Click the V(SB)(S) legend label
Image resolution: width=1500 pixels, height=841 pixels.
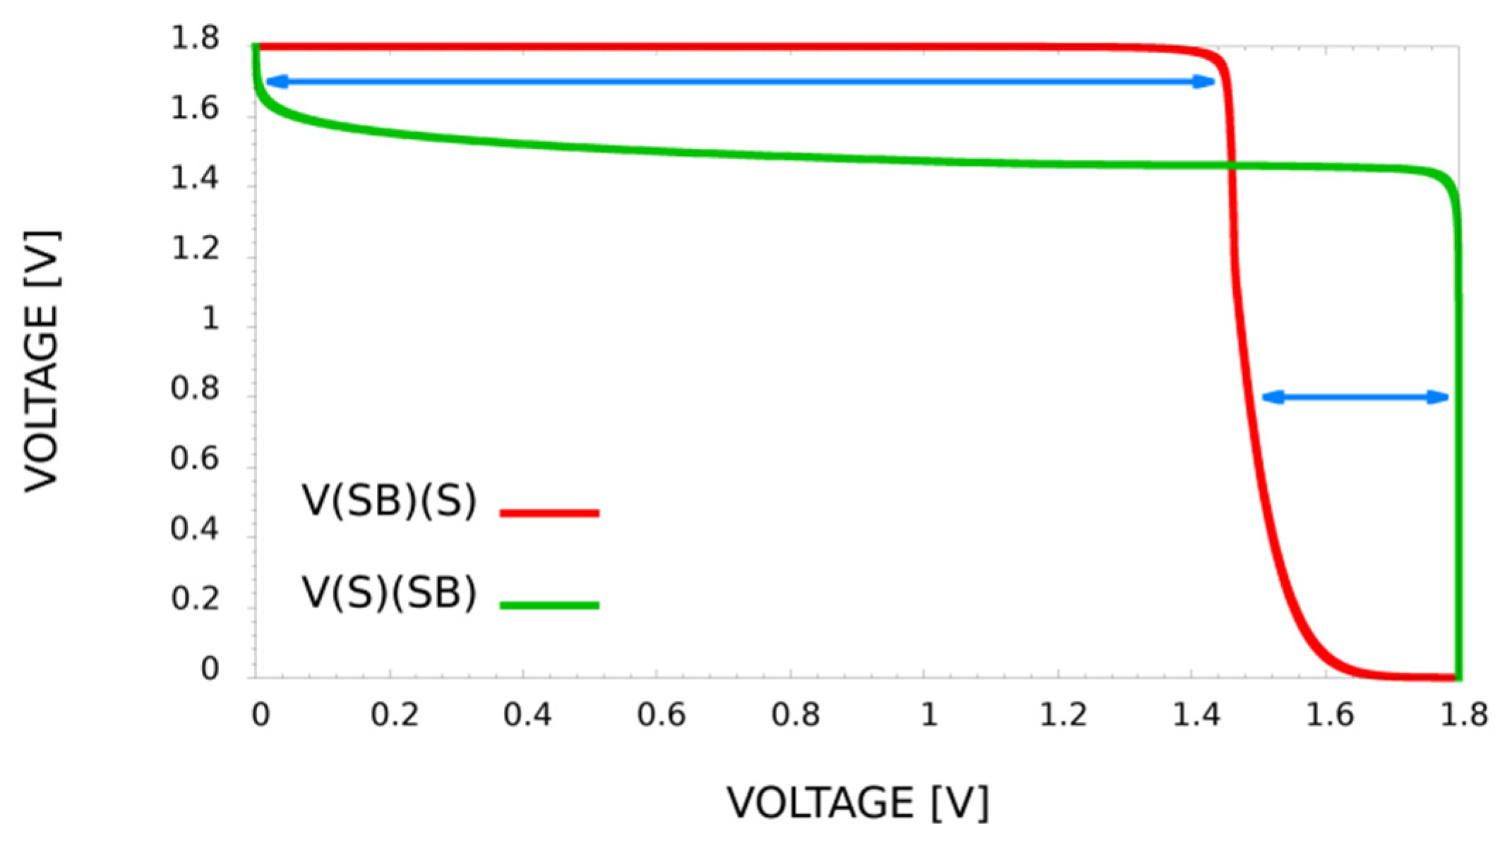[389, 501]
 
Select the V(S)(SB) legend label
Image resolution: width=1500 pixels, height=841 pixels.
[389, 593]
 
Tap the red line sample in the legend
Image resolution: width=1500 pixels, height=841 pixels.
[549, 513]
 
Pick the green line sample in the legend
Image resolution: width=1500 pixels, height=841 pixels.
[549, 605]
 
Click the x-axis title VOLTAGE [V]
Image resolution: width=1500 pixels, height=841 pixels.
[858, 803]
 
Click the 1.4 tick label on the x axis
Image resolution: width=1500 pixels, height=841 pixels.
[1196, 715]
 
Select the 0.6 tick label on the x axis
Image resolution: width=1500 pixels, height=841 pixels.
[661, 715]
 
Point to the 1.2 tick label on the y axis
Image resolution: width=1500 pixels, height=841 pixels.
[195, 250]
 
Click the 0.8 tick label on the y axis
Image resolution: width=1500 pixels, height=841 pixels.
[195, 389]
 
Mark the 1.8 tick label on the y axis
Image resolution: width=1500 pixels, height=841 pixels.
[195, 40]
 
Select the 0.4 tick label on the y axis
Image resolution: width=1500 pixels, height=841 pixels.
[195, 529]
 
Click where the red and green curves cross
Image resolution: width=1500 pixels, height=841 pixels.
[1232, 167]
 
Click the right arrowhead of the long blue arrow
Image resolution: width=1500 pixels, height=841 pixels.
[1204, 82]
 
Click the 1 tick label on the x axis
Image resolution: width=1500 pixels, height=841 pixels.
[929, 715]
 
